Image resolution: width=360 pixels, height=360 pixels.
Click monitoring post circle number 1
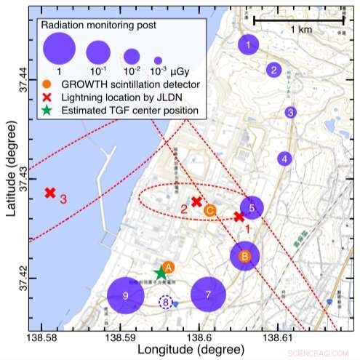point(249,44)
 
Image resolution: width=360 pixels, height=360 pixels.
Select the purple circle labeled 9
point(126,295)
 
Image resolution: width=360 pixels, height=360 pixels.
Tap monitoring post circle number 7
point(209,295)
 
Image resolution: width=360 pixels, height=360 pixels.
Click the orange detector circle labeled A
point(168,268)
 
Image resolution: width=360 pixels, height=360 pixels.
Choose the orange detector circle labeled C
point(209,210)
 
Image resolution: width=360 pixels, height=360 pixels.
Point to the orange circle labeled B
point(245,256)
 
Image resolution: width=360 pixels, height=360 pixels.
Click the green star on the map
point(161,272)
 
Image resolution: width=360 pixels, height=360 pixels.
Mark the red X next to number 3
point(50,193)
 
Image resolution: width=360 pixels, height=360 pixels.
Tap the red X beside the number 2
point(196,201)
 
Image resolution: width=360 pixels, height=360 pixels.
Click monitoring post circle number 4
point(285,158)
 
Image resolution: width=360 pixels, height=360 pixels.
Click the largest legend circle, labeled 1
point(60,51)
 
